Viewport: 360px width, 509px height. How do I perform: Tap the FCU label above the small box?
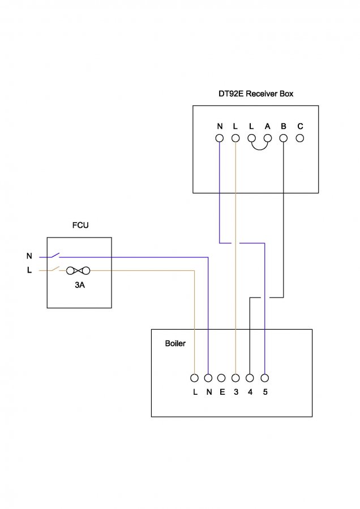click(80, 225)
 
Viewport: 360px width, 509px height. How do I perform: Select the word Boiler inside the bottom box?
click(175, 343)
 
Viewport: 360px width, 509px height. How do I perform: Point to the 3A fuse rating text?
click(80, 286)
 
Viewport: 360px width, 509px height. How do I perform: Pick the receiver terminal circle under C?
click(300, 137)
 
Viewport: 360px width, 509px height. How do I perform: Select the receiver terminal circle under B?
click(284, 137)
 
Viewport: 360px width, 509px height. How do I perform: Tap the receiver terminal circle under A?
click(268, 137)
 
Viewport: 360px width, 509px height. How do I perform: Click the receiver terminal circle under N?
click(219, 137)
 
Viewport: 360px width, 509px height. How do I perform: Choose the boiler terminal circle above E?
click(222, 377)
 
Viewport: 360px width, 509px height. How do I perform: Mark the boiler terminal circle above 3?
click(236, 377)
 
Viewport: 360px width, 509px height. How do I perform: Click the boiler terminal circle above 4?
click(250, 377)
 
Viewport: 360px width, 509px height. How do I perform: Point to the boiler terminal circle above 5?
click(264, 377)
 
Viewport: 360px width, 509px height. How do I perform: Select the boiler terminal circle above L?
click(194, 377)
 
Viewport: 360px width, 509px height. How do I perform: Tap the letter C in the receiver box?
click(300, 126)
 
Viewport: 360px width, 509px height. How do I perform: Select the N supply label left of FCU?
click(29, 257)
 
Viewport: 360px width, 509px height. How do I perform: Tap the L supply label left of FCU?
click(29, 270)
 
